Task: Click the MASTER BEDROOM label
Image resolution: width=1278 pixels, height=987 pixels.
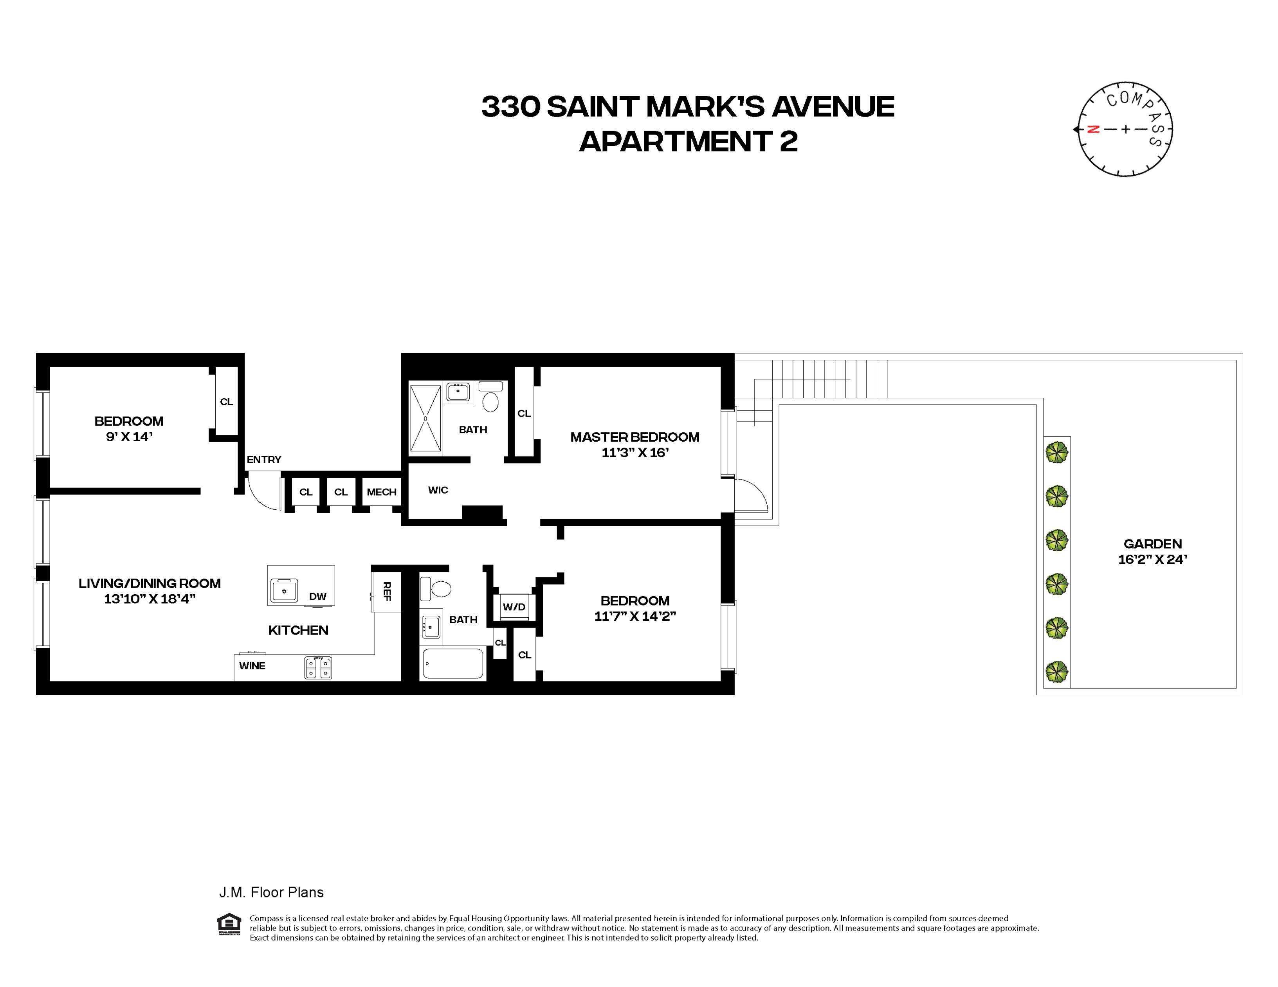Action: pyautogui.click(x=634, y=437)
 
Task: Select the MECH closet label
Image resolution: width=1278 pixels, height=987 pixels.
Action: pyautogui.click(x=382, y=492)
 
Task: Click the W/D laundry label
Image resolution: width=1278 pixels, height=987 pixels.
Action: pyautogui.click(x=514, y=606)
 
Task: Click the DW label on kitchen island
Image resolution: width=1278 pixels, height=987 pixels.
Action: pyautogui.click(x=318, y=597)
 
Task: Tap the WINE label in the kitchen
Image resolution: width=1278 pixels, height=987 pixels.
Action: pyautogui.click(x=252, y=665)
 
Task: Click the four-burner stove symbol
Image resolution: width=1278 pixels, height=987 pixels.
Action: pyautogui.click(x=318, y=667)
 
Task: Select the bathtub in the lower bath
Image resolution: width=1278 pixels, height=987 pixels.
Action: pyautogui.click(x=453, y=663)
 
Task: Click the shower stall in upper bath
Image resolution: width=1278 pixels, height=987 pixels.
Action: pyautogui.click(x=425, y=418)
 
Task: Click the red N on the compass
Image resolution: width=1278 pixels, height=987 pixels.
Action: pyautogui.click(x=1092, y=129)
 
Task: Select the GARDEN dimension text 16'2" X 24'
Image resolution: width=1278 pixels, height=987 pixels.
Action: pyautogui.click(x=1152, y=559)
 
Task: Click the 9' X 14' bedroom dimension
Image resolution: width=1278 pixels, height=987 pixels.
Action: pyautogui.click(x=129, y=437)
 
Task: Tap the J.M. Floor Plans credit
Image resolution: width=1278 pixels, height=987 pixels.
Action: pyautogui.click(x=271, y=892)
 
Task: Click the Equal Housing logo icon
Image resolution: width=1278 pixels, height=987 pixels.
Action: pyautogui.click(x=229, y=924)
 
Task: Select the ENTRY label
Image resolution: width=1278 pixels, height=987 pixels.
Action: pyautogui.click(x=264, y=460)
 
